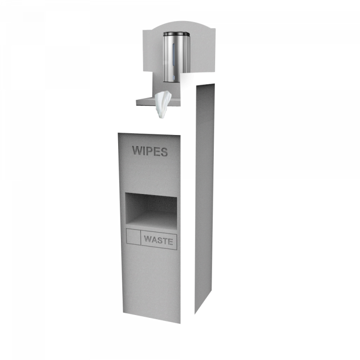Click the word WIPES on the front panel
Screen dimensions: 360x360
[x=150, y=151]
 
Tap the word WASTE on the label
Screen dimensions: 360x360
[x=158, y=240]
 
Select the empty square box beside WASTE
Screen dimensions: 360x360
[x=134, y=237]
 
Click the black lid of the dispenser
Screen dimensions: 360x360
[x=176, y=34]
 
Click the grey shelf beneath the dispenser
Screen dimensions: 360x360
[x=145, y=100]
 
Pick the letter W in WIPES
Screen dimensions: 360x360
[x=137, y=151]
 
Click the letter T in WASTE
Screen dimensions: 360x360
[x=165, y=241]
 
